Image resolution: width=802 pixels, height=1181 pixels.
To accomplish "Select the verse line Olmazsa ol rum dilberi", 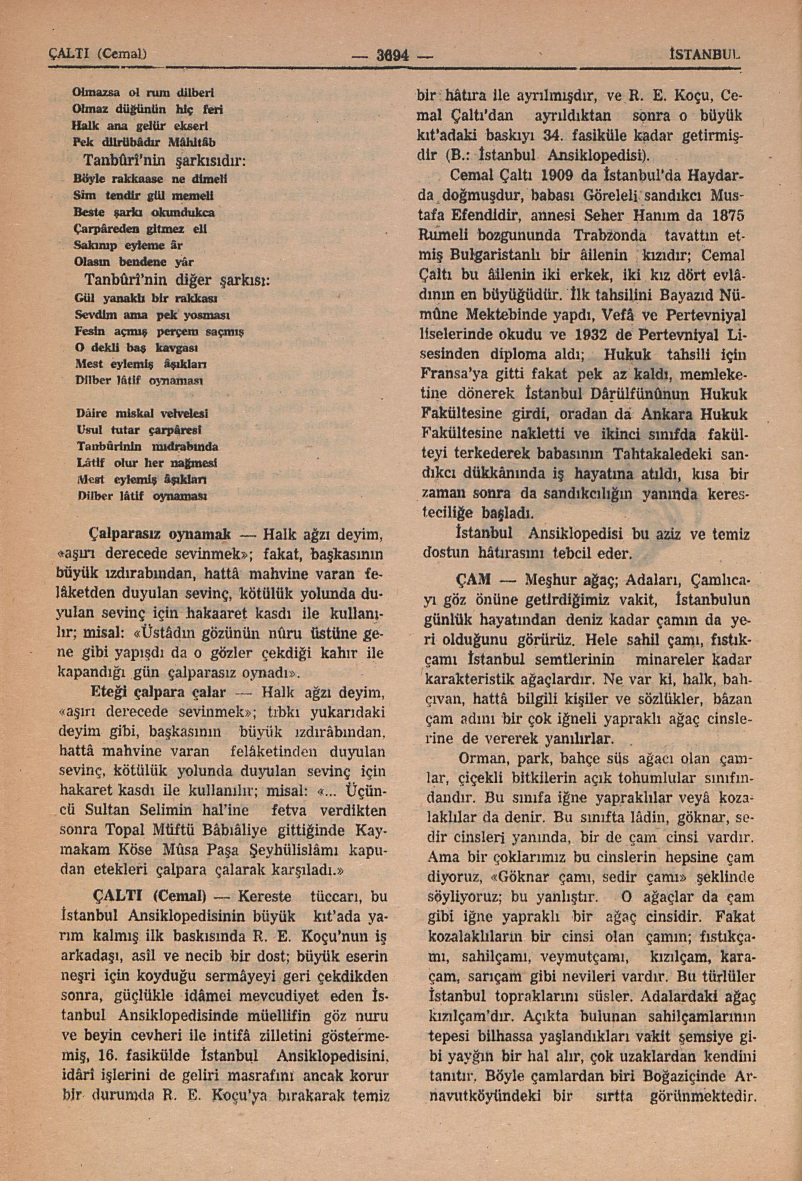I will point(144,93).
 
